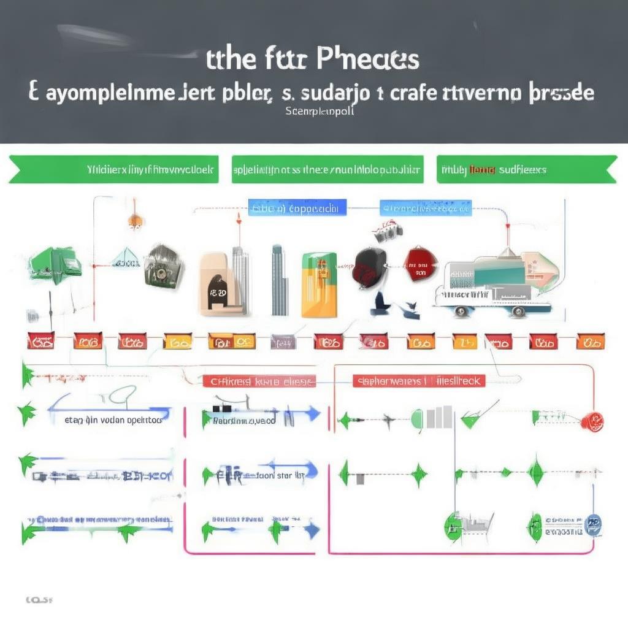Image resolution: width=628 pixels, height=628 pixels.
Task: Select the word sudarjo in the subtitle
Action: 333,93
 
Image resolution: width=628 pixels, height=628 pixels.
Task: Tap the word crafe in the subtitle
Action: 402,93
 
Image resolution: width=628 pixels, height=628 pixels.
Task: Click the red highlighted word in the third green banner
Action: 482,170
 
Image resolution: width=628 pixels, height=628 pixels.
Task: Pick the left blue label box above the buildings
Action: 297,208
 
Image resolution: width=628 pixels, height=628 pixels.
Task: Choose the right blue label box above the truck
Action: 426,208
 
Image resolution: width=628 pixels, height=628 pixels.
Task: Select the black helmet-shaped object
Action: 369,265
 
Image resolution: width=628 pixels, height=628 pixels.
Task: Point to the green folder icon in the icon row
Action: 56,265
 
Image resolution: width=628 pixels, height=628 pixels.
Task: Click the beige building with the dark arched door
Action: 216,283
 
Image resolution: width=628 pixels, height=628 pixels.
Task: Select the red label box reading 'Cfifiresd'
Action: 259,381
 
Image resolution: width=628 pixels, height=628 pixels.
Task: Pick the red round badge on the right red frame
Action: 592,421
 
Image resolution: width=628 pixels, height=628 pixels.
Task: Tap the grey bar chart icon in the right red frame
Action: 439,417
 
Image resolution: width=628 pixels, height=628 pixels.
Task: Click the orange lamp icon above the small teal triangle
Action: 134,221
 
